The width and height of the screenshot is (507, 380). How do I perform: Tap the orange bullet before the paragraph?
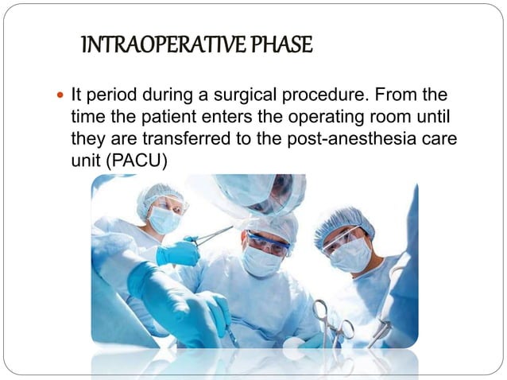tap(62, 97)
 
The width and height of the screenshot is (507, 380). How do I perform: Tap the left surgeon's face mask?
tap(164, 219)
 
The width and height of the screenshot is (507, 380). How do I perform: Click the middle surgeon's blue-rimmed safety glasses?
tap(268, 242)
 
